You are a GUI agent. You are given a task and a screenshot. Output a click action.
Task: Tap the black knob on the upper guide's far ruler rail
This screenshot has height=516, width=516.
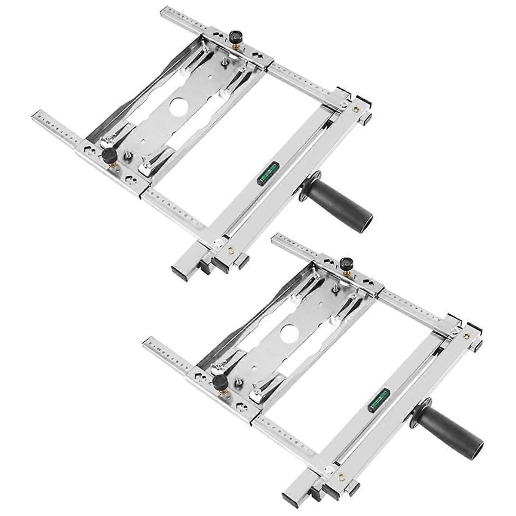(235, 37)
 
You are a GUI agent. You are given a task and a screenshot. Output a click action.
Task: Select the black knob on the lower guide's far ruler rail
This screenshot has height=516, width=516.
(345, 264)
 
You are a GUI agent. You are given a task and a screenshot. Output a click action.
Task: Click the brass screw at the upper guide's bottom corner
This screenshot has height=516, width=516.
(230, 249)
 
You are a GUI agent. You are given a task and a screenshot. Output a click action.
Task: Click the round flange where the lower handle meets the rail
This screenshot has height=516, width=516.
(419, 413)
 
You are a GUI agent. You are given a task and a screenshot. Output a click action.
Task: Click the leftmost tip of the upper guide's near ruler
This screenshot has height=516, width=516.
(35, 114)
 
